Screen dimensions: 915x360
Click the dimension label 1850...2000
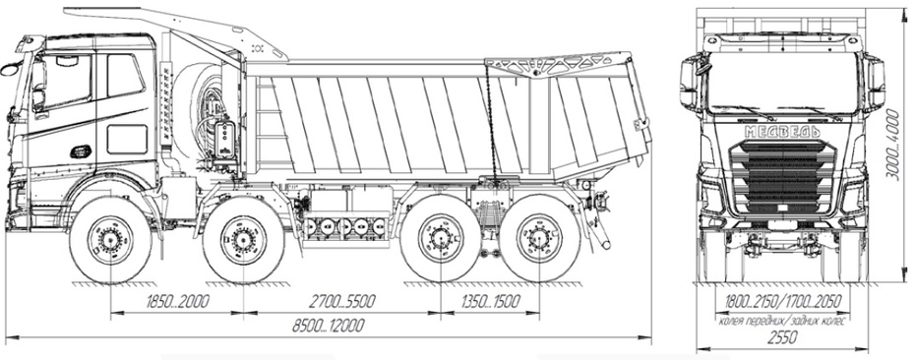[x=177, y=302]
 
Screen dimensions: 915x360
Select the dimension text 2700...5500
[x=341, y=302]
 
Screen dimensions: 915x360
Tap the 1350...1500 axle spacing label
[x=490, y=302]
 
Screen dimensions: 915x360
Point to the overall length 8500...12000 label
[x=329, y=326]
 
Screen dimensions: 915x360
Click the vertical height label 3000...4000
[x=892, y=145]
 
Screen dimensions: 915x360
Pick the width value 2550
[x=781, y=337]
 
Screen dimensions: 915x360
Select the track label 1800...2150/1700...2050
[x=782, y=302]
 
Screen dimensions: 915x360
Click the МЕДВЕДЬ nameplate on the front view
[x=782, y=132]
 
